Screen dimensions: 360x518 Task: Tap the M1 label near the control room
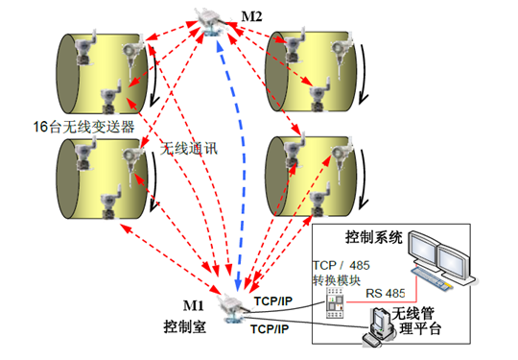click(196, 306)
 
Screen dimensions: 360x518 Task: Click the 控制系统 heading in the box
click(372, 235)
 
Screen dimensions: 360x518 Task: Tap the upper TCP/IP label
click(273, 300)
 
